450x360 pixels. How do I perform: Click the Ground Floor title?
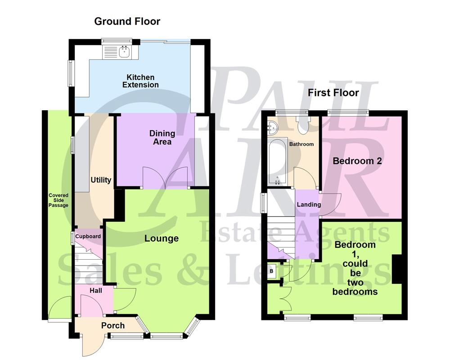pos(127,21)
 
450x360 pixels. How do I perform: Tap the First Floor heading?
pos(333,93)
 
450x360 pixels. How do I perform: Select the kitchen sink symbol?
pos(124,51)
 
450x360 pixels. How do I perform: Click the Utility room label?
pos(101,180)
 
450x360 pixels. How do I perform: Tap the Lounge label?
pos(161,238)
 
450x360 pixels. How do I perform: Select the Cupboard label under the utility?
pos(88,236)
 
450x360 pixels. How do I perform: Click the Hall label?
pos(95,291)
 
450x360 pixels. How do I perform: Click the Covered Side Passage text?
pos(59,200)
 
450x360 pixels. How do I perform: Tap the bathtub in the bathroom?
pos(277,162)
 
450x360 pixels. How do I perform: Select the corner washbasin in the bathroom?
pos(272,128)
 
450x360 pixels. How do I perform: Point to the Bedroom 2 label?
pos(357,161)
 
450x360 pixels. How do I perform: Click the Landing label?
pos(309,204)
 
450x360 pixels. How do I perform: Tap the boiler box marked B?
pos(271,271)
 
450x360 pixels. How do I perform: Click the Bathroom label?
pos(301,144)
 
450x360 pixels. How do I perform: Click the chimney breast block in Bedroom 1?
pos(397,269)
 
